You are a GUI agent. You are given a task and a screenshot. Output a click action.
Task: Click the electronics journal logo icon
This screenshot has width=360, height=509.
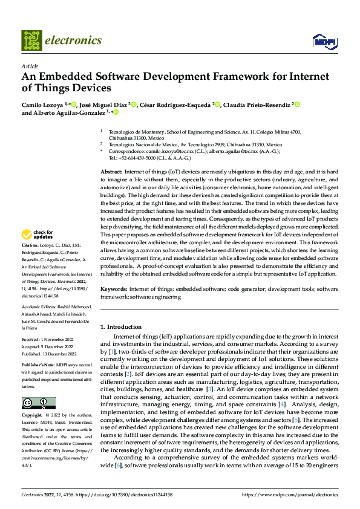[31, 40]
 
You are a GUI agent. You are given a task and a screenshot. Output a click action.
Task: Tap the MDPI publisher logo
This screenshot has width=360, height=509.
[324, 41]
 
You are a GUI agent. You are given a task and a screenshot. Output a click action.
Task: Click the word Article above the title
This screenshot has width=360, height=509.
[30, 66]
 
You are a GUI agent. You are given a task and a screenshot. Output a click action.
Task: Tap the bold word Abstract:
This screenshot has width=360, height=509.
[112, 172]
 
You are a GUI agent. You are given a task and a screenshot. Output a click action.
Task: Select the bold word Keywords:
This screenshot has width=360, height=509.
[114, 290]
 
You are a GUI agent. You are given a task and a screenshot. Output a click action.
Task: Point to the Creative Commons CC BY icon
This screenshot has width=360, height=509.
[38, 403]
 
